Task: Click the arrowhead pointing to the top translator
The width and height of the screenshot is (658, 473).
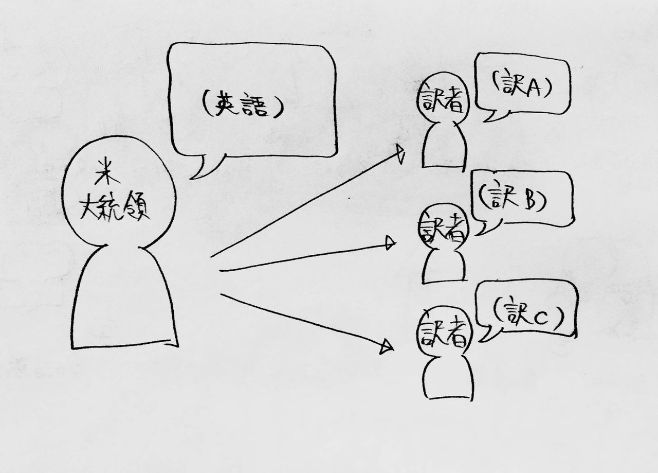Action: click(x=400, y=153)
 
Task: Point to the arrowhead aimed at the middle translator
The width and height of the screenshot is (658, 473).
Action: click(x=391, y=243)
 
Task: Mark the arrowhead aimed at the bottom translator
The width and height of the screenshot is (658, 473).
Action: click(x=387, y=347)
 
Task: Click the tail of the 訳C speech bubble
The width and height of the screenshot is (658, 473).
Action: click(x=489, y=334)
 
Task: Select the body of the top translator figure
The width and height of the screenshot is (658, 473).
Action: click(x=444, y=146)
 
